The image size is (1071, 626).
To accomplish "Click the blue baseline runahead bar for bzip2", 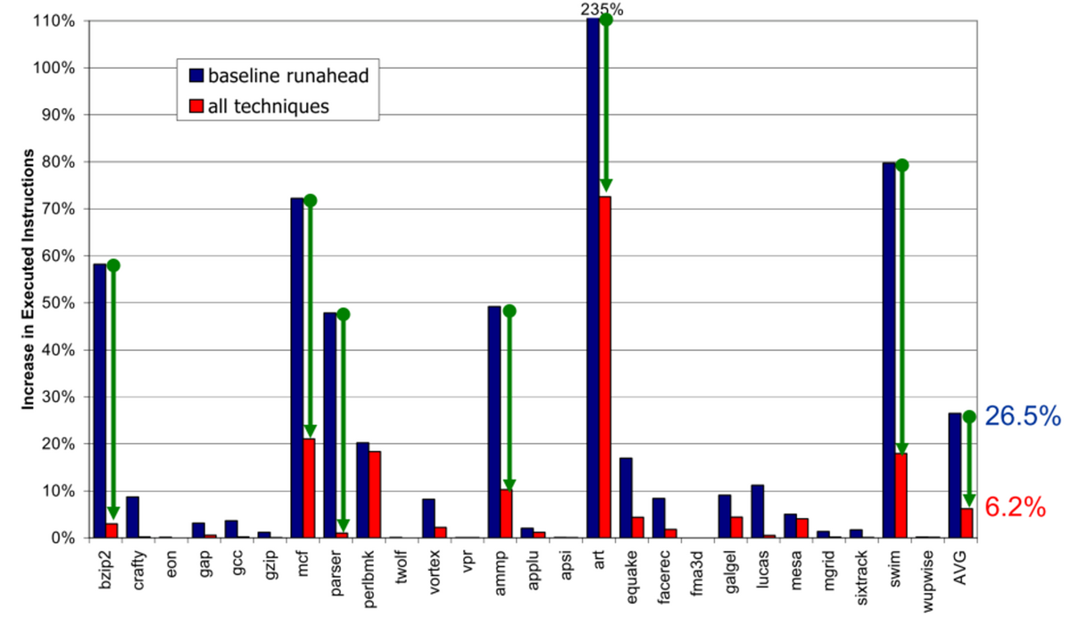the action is [100, 401].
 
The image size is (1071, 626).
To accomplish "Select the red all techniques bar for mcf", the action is [309, 488].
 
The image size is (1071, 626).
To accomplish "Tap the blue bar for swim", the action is [889, 350].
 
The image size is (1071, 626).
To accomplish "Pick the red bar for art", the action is [605, 367].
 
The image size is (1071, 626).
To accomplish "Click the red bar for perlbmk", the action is [375, 495].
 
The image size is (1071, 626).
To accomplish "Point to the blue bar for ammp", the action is [494, 422].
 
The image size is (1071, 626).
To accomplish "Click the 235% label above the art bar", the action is [602, 9].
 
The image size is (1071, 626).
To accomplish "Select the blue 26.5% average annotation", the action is [1023, 415].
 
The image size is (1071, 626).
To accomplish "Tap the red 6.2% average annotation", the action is [1015, 507].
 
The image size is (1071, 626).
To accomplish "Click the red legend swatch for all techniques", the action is [196, 105].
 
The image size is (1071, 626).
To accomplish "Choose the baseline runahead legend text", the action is [288, 76].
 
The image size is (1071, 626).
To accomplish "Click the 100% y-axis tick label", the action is [54, 68].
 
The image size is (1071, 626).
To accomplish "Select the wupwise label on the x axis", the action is [928, 581].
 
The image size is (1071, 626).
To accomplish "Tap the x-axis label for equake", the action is [632, 576].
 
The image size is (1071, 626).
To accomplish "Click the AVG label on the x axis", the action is [960, 568].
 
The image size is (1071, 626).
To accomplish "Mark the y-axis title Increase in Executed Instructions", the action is [29, 280].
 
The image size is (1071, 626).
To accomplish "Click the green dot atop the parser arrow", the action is [344, 314].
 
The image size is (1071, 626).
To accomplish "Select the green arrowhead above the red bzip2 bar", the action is [113, 513].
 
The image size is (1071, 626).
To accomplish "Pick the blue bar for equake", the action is [626, 497].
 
